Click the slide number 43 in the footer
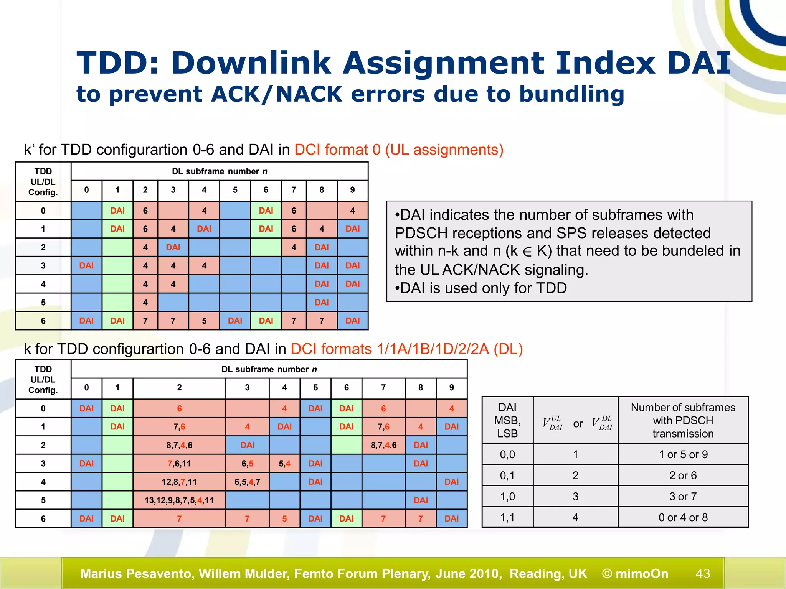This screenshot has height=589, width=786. (x=703, y=573)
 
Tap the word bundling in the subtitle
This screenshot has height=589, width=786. (x=571, y=94)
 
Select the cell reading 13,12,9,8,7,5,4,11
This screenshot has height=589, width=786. (x=179, y=500)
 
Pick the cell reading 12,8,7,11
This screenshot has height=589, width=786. (x=179, y=482)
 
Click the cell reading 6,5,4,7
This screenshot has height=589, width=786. (x=247, y=482)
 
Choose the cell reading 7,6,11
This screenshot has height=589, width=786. (x=179, y=463)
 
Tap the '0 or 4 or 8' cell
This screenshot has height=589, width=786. (x=683, y=517)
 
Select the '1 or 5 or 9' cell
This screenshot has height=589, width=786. (x=683, y=454)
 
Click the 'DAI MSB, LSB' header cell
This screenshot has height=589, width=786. (x=507, y=420)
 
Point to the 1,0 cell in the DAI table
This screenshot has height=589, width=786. (x=507, y=496)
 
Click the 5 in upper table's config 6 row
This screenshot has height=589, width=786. (x=204, y=321)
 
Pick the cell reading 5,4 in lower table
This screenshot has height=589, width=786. (x=284, y=463)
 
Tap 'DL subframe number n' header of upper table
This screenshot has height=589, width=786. (x=220, y=171)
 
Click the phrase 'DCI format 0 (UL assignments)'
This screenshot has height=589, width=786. (x=399, y=150)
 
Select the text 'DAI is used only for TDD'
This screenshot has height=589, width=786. (x=483, y=288)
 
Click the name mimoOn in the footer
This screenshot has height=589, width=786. (x=642, y=573)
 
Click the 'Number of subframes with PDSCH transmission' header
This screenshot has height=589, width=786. (x=683, y=420)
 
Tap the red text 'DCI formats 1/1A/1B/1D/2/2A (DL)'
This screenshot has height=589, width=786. (x=407, y=349)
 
